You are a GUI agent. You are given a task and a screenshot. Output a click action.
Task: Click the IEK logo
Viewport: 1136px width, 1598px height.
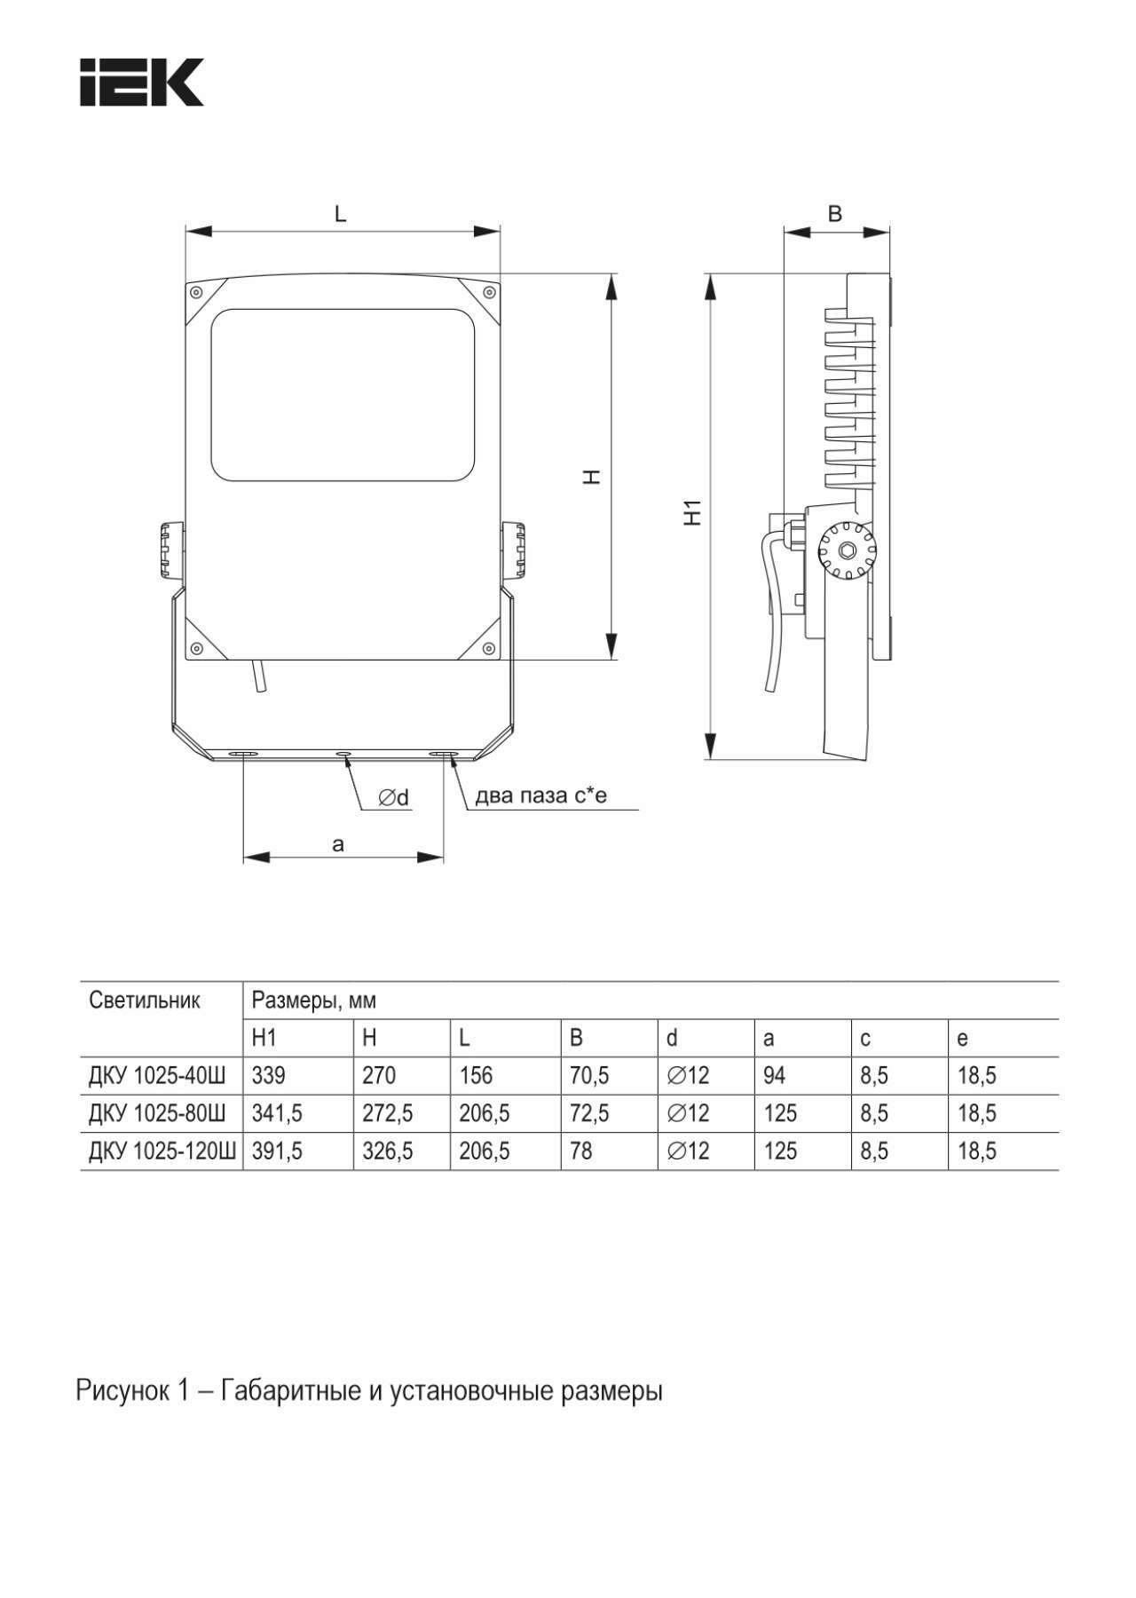pos(142,83)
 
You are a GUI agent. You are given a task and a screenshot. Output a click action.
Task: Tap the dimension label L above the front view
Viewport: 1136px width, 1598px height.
pos(340,214)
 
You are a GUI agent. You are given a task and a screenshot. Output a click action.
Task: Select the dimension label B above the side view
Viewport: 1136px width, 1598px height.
pos(834,214)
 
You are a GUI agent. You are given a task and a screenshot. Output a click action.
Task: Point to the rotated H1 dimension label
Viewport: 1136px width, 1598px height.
pos(693,512)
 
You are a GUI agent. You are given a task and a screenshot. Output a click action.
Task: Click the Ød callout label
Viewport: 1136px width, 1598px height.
pos(394,798)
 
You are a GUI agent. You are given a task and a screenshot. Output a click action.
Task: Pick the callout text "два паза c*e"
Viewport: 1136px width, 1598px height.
pos(540,795)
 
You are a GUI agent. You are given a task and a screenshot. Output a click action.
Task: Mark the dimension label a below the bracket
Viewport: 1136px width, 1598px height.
pos(337,844)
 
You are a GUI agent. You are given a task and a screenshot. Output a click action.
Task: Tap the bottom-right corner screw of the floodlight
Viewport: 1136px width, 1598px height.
pos(487,647)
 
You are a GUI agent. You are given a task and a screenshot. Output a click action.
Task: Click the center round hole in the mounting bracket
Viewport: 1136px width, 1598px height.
pos(343,755)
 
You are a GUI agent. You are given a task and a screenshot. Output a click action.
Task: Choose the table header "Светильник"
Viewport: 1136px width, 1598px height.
pos(145,1001)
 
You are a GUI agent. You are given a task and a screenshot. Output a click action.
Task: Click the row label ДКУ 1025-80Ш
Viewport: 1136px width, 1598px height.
pos(157,1113)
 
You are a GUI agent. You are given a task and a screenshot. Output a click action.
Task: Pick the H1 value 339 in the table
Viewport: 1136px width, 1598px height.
pos(269,1076)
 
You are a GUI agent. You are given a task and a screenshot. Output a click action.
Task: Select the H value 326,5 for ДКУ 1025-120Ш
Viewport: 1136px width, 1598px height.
pos(387,1151)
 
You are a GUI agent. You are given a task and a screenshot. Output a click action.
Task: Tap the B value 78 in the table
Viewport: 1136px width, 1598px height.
pos(581,1151)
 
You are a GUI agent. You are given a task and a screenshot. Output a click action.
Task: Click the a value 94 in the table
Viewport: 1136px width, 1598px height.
pos(774,1076)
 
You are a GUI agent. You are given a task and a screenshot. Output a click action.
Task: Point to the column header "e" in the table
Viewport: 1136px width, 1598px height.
pos(962,1038)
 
